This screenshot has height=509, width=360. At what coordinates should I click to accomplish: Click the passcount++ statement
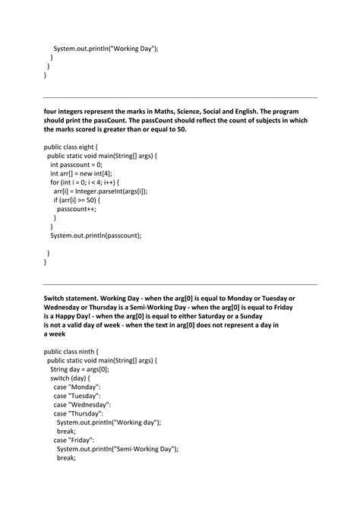tap(78, 208)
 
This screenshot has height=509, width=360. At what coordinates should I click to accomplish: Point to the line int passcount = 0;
tap(76, 164)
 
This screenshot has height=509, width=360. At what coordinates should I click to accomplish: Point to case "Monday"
tap(77, 387)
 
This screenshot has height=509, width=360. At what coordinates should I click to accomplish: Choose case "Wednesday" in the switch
tap(83, 404)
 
